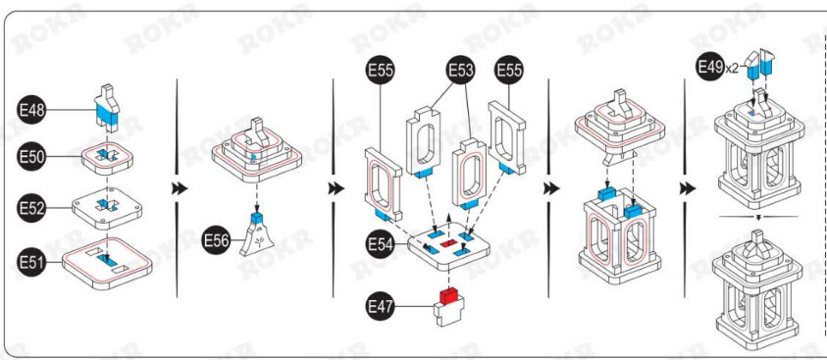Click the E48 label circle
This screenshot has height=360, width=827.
click(x=31, y=110)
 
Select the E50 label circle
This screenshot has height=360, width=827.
click(x=31, y=157)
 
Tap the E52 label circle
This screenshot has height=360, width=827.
click(x=31, y=208)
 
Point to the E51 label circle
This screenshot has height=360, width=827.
click(x=31, y=262)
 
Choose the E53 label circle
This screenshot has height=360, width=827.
click(x=461, y=70)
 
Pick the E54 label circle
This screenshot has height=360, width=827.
click(x=381, y=244)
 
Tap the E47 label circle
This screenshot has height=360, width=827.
click(x=381, y=306)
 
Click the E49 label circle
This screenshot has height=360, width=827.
click(x=710, y=66)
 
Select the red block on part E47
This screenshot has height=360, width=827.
click(x=450, y=295)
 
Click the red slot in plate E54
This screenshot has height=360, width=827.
click(x=448, y=243)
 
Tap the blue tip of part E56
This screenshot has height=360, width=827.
click(x=257, y=217)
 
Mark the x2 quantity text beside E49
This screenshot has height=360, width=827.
click(x=732, y=68)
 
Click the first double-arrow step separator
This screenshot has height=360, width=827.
click(x=180, y=188)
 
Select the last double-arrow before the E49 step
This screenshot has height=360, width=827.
click(x=688, y=188)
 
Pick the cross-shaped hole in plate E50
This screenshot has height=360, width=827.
click(x=107, y=156)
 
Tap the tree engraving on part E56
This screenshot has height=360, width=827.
click(x=258, y=242)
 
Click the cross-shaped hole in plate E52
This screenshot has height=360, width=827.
click(x=107, y=205)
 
